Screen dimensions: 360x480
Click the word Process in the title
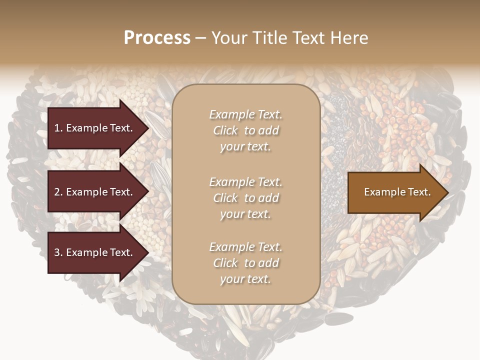coord(157,38)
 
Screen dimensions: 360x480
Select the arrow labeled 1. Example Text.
coord(95,128)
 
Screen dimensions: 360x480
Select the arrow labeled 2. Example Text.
coord(95,192)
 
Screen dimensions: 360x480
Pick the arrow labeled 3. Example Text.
coord(95,252)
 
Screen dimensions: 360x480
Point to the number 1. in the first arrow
coord(58,128)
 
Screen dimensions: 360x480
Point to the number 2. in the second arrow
coord(58,192)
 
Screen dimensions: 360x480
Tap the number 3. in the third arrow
coord(58,252)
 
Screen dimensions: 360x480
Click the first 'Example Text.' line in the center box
coord(245,114)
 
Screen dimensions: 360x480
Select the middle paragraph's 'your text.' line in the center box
coord(245,214)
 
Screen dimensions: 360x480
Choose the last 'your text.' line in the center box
coord(245,279)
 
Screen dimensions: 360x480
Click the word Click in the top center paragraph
coord(225,130)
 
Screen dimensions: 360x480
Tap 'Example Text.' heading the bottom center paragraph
coord(245,247)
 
